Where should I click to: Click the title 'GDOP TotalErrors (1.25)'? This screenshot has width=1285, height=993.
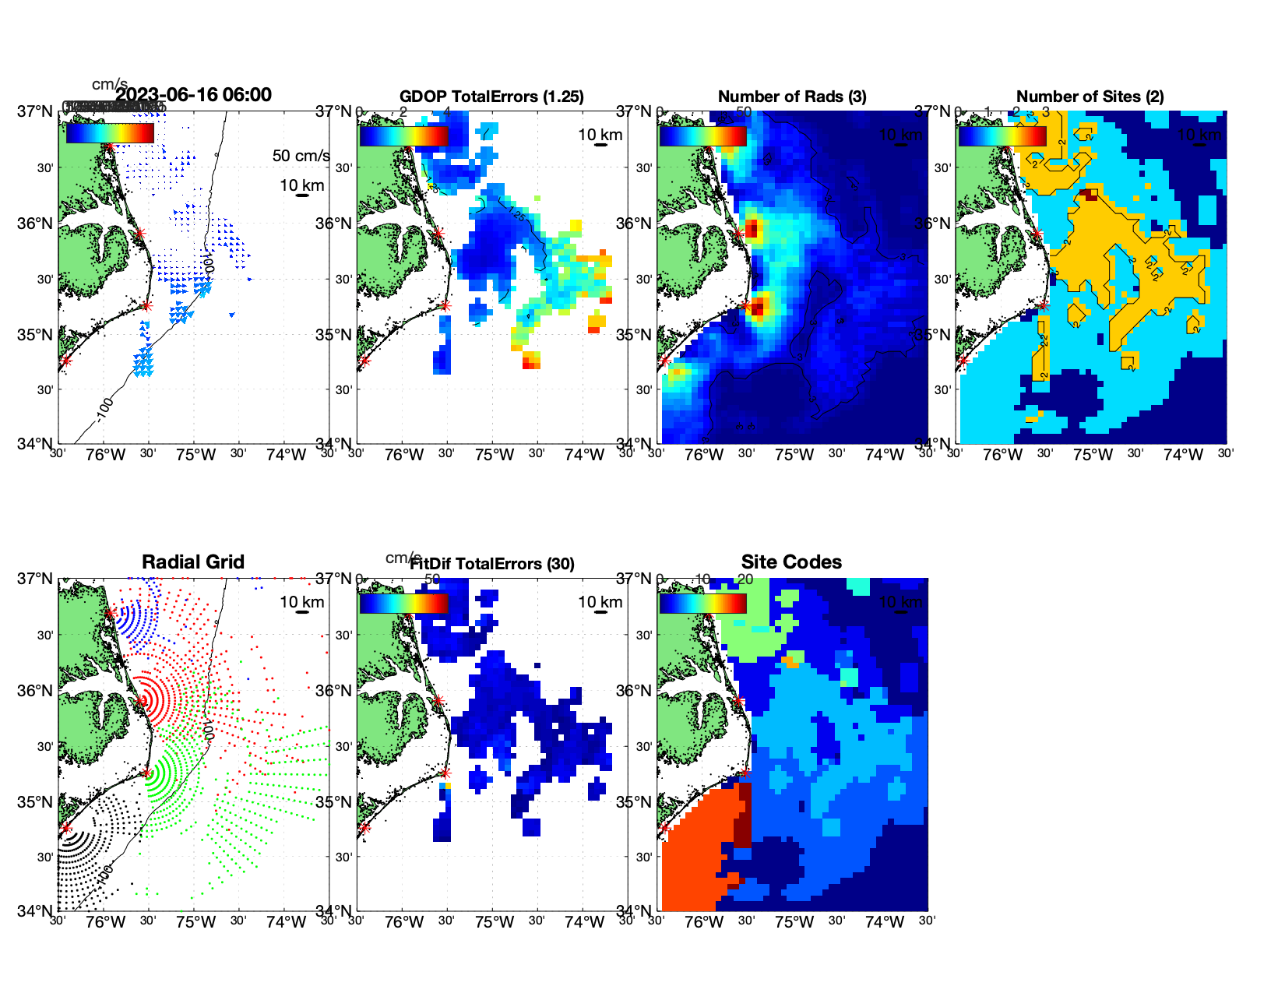[x=491, y=97]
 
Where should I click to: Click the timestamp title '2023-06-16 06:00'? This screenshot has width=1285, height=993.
[x=193, y=95]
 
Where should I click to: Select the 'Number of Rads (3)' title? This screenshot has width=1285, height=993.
[x=792, y=97]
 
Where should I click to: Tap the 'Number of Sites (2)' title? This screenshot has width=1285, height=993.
[x=1090, y=97]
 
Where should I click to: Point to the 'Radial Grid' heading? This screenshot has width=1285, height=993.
[x=193, y=562]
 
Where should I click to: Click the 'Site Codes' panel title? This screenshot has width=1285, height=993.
[x=791, y=562]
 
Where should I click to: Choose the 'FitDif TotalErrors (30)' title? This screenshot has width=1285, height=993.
[x=492, y=564]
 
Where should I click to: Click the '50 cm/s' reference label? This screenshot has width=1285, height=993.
[x=301, y=156]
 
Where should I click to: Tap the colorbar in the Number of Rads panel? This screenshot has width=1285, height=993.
[x=702, y=136]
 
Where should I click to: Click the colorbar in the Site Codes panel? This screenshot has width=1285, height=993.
[x=702, y=603]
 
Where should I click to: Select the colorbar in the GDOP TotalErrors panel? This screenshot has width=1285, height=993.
[x=403, y=136]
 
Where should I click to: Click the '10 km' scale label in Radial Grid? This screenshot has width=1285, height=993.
[x=301, y=602]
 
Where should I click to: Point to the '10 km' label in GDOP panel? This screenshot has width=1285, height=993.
[x=600, y=135]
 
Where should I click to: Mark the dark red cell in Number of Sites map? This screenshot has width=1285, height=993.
[x=1091, y=195]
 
